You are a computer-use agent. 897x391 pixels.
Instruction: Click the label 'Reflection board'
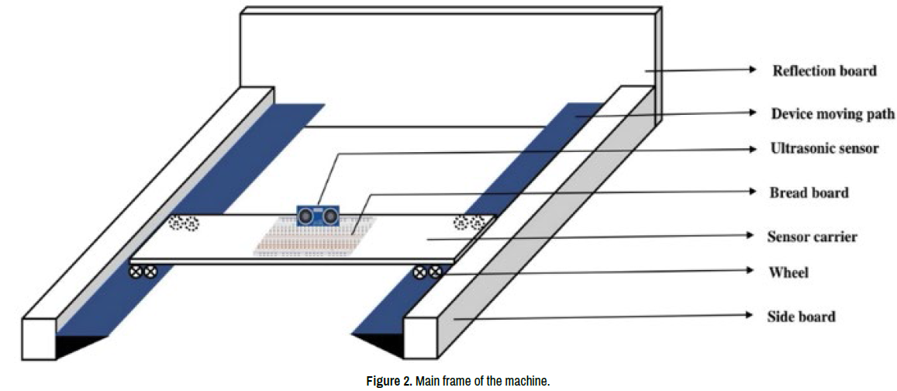[x=824, y=71]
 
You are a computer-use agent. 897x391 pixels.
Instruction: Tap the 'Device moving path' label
[x=833, y=114]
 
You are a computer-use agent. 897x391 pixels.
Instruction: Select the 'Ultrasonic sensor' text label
[x=824, y=147]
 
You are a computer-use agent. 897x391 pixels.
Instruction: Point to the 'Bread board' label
[x=809, y=192]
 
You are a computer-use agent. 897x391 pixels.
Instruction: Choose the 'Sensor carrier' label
[x=812, y=236]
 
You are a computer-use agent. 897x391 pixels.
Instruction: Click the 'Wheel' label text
[x=788, y=272]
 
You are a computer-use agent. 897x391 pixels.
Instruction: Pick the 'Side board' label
[x=801, y=316]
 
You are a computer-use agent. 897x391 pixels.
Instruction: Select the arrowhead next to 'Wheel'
[x=749, y=271]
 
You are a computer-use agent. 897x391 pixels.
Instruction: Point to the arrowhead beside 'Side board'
[x=749, y=315]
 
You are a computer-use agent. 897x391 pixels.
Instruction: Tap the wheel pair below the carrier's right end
[x=428, y=272]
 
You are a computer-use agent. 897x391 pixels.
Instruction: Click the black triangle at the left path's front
[x=78, y=344]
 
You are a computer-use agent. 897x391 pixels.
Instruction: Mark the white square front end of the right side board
[x=420, y=337]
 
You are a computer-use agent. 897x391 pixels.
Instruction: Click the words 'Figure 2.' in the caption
[x=388, y=381]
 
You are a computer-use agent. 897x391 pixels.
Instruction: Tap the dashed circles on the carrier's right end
[x=469, y=223]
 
